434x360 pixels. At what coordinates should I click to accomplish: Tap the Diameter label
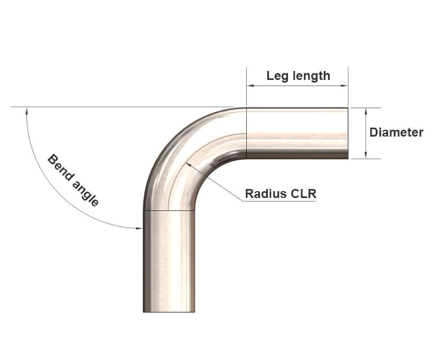pos(396,132)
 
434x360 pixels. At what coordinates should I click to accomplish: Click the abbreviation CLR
pos(304,194)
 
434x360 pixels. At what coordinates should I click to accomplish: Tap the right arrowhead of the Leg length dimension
pos(345,85)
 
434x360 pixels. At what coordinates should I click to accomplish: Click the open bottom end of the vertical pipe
pos(169,311)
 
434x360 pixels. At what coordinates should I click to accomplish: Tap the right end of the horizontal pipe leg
pos(347,133)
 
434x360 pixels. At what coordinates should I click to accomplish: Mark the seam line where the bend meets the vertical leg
pos(169,210)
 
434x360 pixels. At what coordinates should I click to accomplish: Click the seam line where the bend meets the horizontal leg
pos(247,133)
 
